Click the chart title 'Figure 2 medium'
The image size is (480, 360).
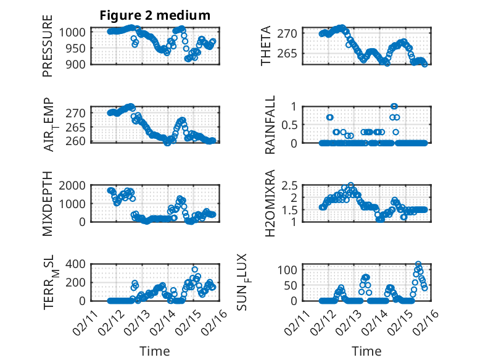tap(155, 15)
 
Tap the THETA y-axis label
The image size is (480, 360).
tap(266, 47)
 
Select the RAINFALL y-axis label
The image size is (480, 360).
tap(270, 125)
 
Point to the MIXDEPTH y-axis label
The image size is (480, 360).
tap(48, 204)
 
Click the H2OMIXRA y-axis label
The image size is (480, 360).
tap(270, 203)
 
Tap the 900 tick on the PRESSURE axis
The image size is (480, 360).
tap(79, 64)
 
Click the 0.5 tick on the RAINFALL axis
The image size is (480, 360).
tap(291, 124)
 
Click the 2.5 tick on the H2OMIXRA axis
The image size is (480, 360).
tap(291, 185)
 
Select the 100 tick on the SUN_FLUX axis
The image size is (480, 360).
tap(291, 270)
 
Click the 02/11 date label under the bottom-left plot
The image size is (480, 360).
tap(85, 322)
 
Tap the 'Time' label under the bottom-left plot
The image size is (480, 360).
tap(155, 351)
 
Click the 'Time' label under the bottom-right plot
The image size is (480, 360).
tap(367, 351)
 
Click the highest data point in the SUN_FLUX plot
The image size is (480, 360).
tap(418, 264)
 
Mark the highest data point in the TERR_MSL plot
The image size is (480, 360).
tap(195, 270)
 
